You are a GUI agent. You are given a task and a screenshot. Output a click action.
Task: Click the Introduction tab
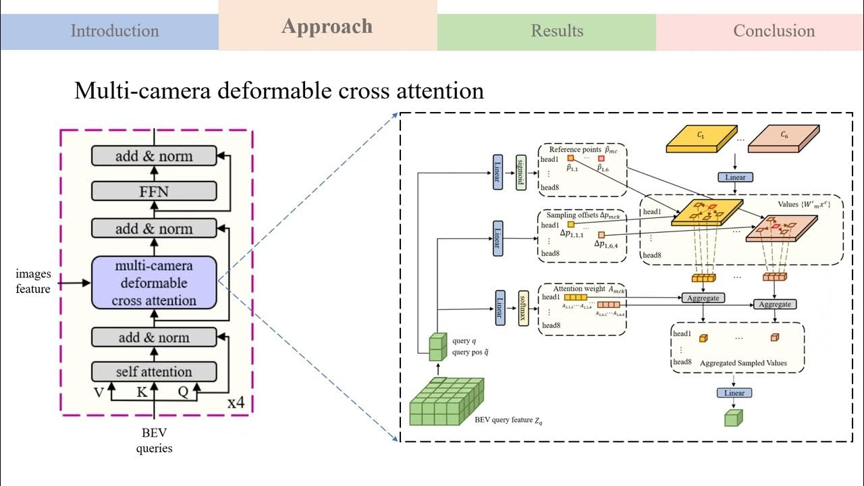click(115, 31)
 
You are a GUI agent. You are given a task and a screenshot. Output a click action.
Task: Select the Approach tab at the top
click(327, 26)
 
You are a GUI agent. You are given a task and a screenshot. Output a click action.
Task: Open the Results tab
click(556, 31)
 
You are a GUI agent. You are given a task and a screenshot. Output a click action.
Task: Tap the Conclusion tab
click(774, 31)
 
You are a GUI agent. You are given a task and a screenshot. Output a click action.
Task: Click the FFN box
click(154, 192)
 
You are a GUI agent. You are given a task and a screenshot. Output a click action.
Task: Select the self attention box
click(154, 372)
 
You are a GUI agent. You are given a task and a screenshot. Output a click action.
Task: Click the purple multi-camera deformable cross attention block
click(154, 283)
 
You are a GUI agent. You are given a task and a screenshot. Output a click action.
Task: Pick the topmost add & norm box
click(154, 156)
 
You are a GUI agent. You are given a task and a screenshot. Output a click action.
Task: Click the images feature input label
click(33, 282)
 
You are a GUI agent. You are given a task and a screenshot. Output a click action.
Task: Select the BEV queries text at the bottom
click(155, 440)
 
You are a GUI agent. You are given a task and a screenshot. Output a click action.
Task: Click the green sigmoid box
click(521, 172)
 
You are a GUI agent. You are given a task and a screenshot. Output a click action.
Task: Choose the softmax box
click(522, 308)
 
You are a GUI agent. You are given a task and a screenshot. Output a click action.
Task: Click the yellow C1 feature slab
click(699, 137)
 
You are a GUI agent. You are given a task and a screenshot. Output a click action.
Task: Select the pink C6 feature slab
click(783, 137)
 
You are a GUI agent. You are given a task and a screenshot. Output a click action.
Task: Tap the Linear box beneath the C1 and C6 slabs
click(735, 177)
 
